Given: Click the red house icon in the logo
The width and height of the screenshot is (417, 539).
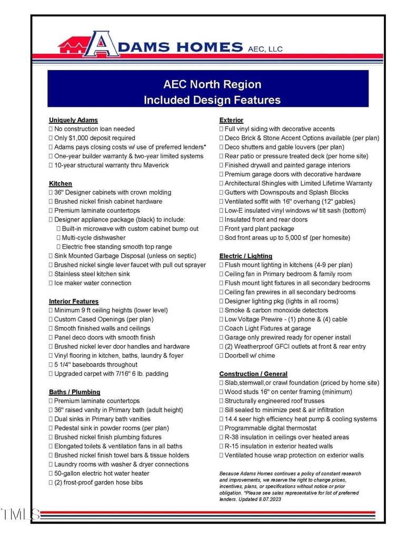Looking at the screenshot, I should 71,46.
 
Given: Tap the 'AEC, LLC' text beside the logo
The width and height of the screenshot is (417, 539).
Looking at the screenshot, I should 265,49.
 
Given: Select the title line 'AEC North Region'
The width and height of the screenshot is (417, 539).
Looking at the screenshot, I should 212,85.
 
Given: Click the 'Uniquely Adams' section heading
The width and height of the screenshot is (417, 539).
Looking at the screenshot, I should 73,120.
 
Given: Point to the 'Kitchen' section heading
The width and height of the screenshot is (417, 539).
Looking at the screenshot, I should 61,184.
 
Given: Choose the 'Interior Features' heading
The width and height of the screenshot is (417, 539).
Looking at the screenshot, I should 74,302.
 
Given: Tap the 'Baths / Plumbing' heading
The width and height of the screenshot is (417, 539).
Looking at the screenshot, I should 74,392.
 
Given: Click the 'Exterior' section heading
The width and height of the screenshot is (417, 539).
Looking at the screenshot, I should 231,120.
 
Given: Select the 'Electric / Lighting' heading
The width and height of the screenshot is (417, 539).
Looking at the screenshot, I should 246,256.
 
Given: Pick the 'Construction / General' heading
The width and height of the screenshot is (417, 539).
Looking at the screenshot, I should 253,374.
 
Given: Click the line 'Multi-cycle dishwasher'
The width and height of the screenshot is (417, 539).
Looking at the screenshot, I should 93,238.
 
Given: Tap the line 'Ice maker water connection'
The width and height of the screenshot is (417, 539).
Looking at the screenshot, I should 93,283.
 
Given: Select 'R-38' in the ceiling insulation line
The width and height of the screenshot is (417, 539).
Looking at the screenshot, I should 233,437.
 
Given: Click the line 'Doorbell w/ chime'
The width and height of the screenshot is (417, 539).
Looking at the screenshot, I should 249,356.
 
